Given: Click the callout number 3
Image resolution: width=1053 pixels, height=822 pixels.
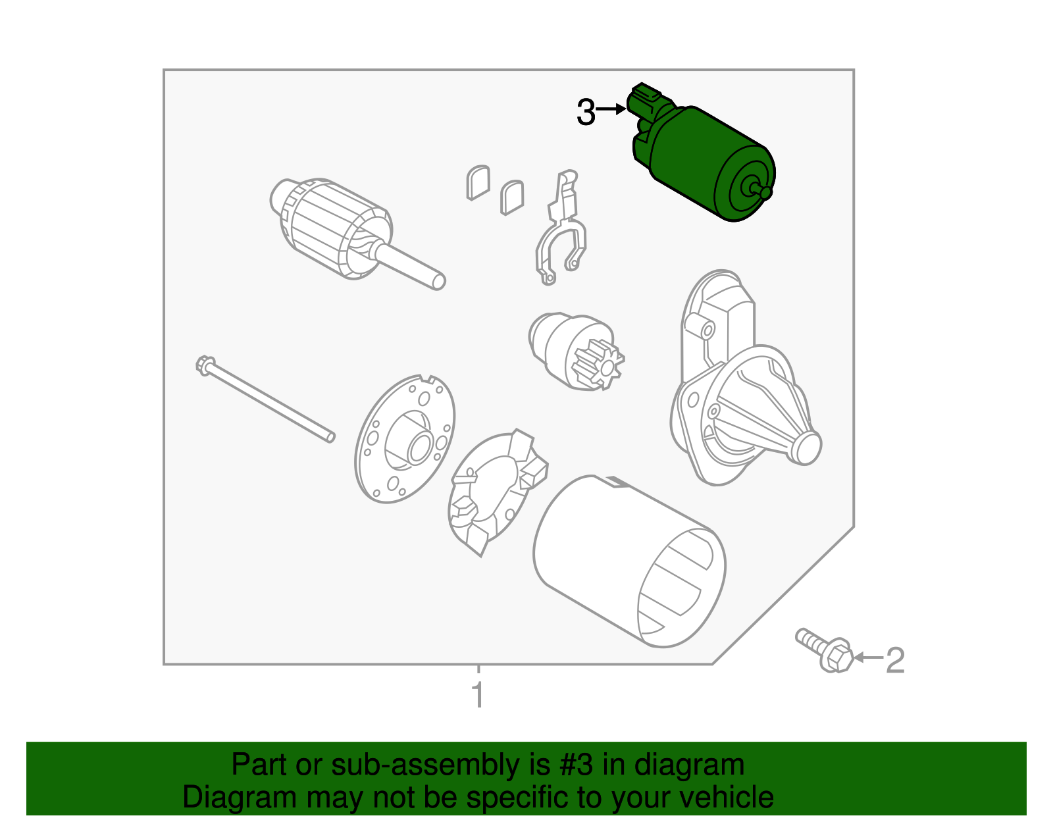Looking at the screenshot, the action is (x=585, y=112).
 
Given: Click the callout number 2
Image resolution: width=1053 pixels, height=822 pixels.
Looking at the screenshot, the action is (x=895, y=660).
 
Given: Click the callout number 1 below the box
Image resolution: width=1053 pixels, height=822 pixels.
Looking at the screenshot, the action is (x=478, y=694).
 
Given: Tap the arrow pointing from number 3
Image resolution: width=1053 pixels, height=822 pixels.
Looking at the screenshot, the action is (x=611, y=109).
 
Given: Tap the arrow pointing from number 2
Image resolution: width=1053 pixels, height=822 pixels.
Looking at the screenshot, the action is (x=868, y=657).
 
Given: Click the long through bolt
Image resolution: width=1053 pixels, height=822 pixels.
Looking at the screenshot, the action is (x=265, y=399).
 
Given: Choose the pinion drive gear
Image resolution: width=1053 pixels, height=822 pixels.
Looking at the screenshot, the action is (x=576, y=351).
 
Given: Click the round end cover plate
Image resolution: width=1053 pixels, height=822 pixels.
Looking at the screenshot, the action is (x=405, y=439).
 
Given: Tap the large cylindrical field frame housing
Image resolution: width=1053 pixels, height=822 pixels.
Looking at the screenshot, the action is (x=629, y=561).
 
